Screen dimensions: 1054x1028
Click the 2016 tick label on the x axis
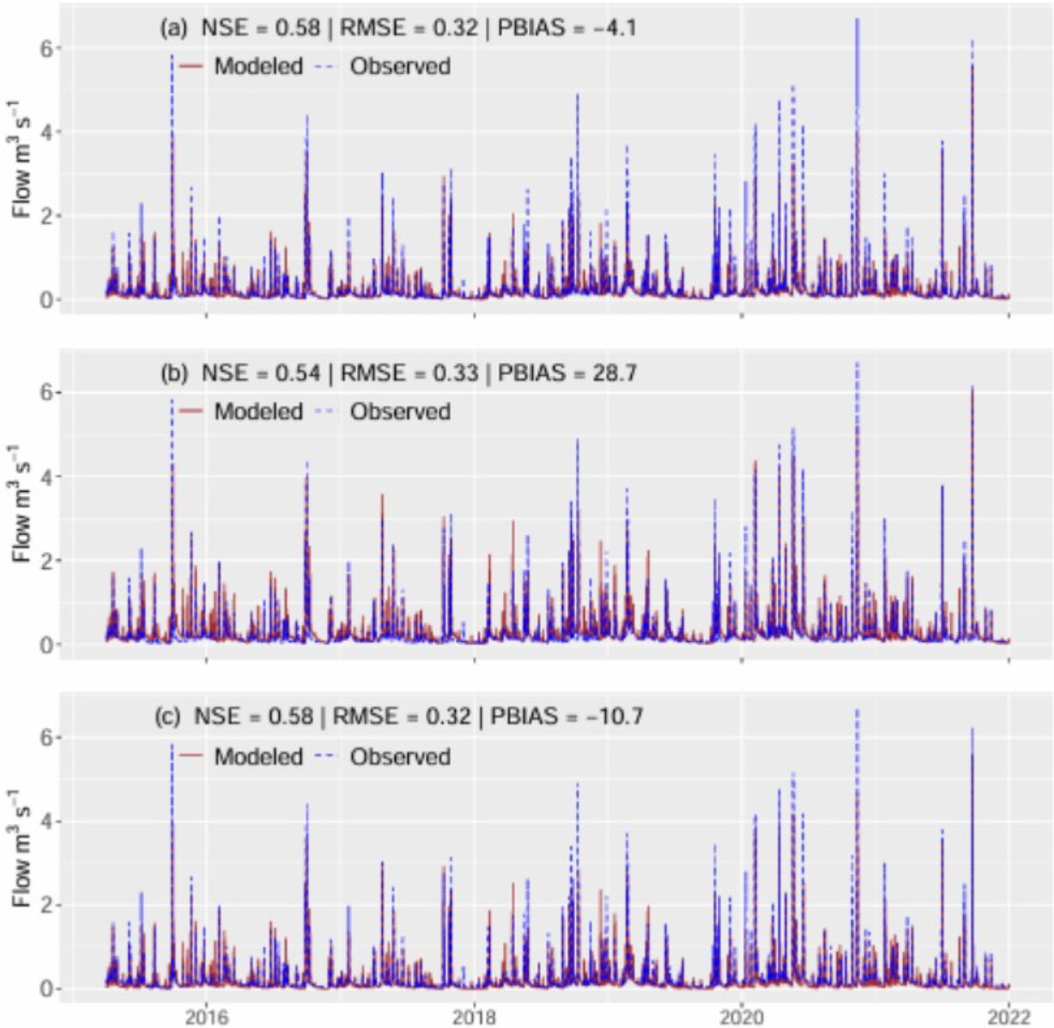coord(206,1016)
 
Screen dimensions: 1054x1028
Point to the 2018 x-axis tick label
coord(475,1016)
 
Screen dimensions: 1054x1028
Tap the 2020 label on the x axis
coord(742,1016)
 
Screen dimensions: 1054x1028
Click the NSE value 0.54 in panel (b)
coord(298,372)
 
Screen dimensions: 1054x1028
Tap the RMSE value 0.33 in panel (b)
coord(456,372)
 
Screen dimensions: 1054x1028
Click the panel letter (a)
coord(174,27)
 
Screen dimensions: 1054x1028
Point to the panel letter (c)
coord(167,716)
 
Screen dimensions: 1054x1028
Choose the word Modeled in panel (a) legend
coord(258,66)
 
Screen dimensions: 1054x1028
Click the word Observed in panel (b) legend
coord(400,412)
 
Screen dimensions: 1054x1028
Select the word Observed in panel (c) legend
coord(400,757)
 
